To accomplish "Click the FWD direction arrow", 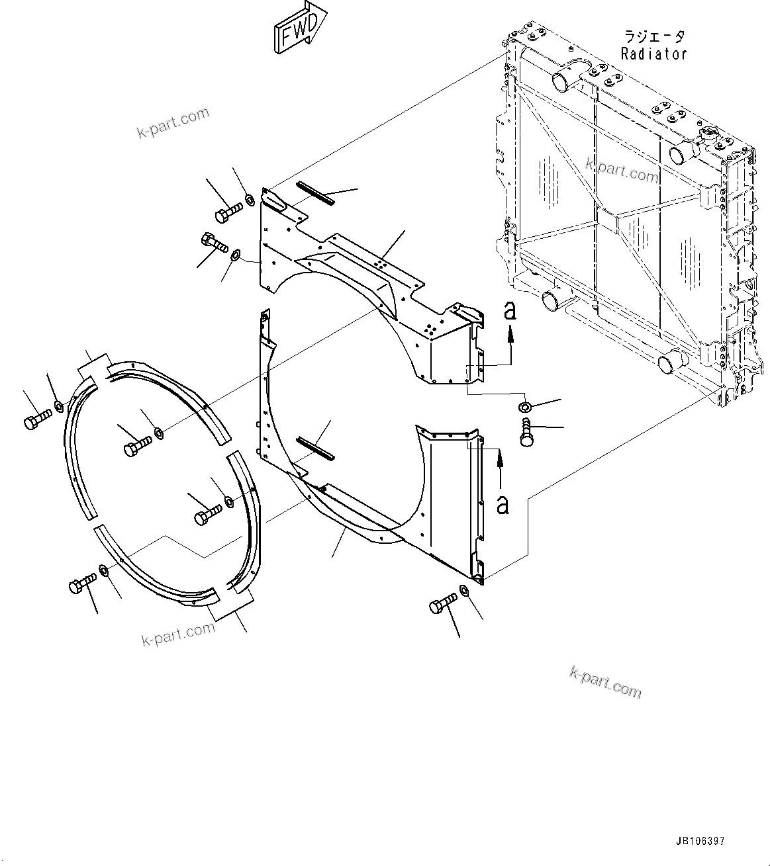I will click(299, 28).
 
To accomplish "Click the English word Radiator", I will click(653, 54).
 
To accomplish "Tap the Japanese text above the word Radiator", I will click(653, 37).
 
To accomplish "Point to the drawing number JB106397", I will click(700, 842).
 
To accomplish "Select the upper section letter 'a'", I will click(509, 310).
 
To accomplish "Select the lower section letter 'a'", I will click(503, 504).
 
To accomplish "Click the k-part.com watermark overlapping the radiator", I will click(622, 170).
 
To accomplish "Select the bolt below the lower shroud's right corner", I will click(443, 604).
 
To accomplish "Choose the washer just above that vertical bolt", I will click(524, 406).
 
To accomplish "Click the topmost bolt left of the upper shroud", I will click(228, 212).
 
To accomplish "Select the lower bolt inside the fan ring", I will click(208, 514).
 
